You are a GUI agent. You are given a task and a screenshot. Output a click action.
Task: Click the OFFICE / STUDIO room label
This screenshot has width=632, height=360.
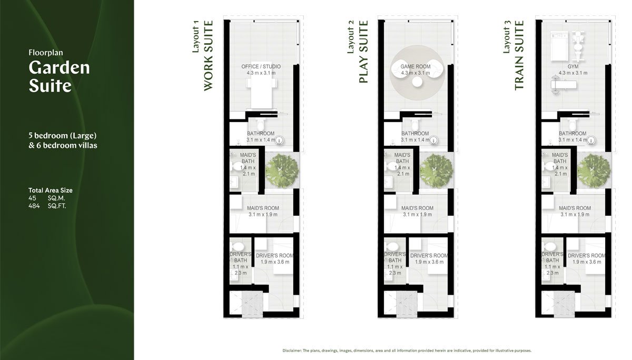(x=261, y=66)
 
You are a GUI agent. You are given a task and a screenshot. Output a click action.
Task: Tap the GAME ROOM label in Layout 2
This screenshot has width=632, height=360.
(x=416, y=66)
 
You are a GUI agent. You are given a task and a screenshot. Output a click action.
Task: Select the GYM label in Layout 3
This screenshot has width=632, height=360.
(x=573, y=66)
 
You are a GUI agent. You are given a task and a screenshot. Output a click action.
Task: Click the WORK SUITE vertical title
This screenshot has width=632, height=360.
(x=208, y=56)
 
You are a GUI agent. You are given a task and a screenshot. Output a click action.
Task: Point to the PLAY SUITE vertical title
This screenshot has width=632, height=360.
(x=363, y=52)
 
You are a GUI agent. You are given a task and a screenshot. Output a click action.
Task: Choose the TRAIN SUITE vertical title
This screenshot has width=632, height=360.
(x=519, y=55)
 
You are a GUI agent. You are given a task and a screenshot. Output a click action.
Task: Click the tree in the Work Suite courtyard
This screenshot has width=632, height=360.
(x=282, y=171)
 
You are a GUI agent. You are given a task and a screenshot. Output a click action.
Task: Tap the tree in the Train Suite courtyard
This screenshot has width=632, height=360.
(x=594, y=171)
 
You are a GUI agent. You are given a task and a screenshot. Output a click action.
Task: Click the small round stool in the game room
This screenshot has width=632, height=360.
(x=417, y=82)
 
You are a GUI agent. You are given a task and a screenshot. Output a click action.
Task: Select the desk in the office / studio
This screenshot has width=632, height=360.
(x=262, y=85)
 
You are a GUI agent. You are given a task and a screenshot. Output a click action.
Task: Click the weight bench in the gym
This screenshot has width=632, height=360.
(x=563, y=85)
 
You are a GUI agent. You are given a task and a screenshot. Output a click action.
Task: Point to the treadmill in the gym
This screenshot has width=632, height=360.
(x=559, y=46)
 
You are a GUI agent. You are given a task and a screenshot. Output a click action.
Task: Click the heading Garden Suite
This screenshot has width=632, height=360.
(x=59, y=76)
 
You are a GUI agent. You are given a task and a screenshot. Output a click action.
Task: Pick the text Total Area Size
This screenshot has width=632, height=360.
(x=51, y=191)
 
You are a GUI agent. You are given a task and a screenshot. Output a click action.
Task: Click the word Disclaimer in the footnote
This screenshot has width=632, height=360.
(x=292, y=351)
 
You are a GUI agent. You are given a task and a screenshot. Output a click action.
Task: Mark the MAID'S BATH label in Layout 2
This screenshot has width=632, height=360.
(x=402, y=158)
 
